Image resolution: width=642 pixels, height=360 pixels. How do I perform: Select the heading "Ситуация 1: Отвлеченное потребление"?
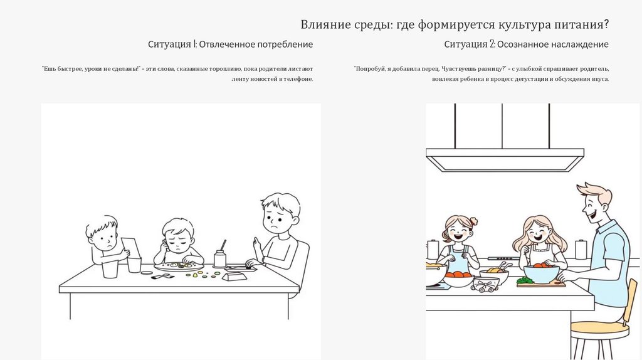pyautogui.click(x=231, y=45)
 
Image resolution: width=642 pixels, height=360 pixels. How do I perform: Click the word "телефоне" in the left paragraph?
pyautogui.click(x=301, y=79)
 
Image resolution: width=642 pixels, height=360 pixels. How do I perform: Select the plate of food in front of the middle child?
pyautogui.click(x=179, y=267)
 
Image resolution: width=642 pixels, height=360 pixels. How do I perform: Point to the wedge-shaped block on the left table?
pyautogui.click(x=234, y=277)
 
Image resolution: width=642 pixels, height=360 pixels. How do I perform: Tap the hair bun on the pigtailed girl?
pyautogui.click(x=474, y=221)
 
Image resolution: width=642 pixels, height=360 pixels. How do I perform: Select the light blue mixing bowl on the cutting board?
pyautogui.click(x=541, y=273)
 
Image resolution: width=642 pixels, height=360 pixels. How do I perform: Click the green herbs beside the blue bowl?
pyautogui.click(x=525, y=280)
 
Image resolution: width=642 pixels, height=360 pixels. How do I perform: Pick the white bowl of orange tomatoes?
pyautogui.click(x=458, y=279)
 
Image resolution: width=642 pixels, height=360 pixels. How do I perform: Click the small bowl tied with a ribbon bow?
pyautogui.click(x=486, y=284)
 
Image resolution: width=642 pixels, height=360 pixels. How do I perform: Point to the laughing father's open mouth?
pyautogui.click(x=591, y=216)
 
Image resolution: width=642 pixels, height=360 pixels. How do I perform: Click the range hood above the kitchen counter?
pyautogui.click(x=505, y=159)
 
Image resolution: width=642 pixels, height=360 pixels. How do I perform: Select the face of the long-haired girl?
pyautogui.click(x=537, y=233)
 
